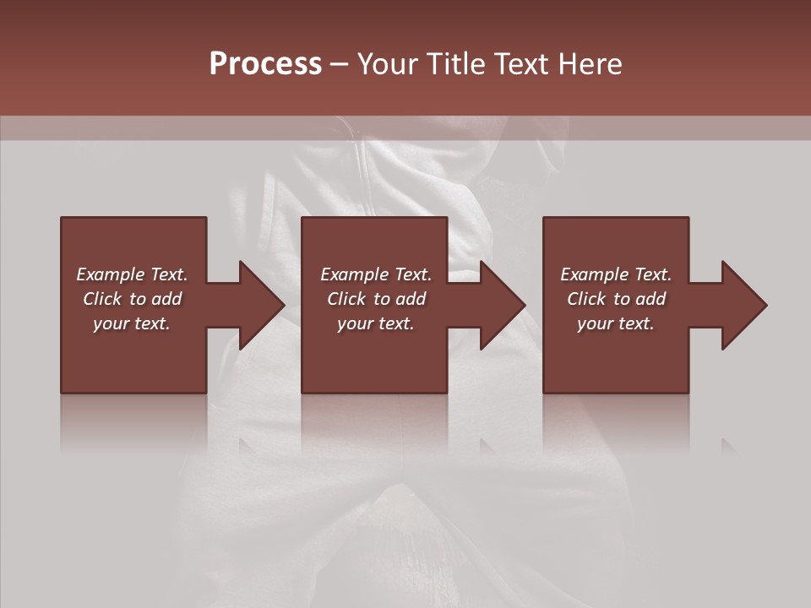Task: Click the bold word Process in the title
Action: coord(265,64)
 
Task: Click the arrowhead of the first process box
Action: coord(262,305)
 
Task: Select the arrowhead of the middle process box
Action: coord(503,305)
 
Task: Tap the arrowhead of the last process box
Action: coord(744,305)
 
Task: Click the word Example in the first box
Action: coord(111,274)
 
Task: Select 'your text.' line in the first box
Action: coord(132,323)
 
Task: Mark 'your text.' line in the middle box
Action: coord(376,323)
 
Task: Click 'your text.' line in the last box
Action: coord(616,323)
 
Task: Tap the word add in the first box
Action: coord(166,299)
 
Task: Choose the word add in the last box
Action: coord(650,299)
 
